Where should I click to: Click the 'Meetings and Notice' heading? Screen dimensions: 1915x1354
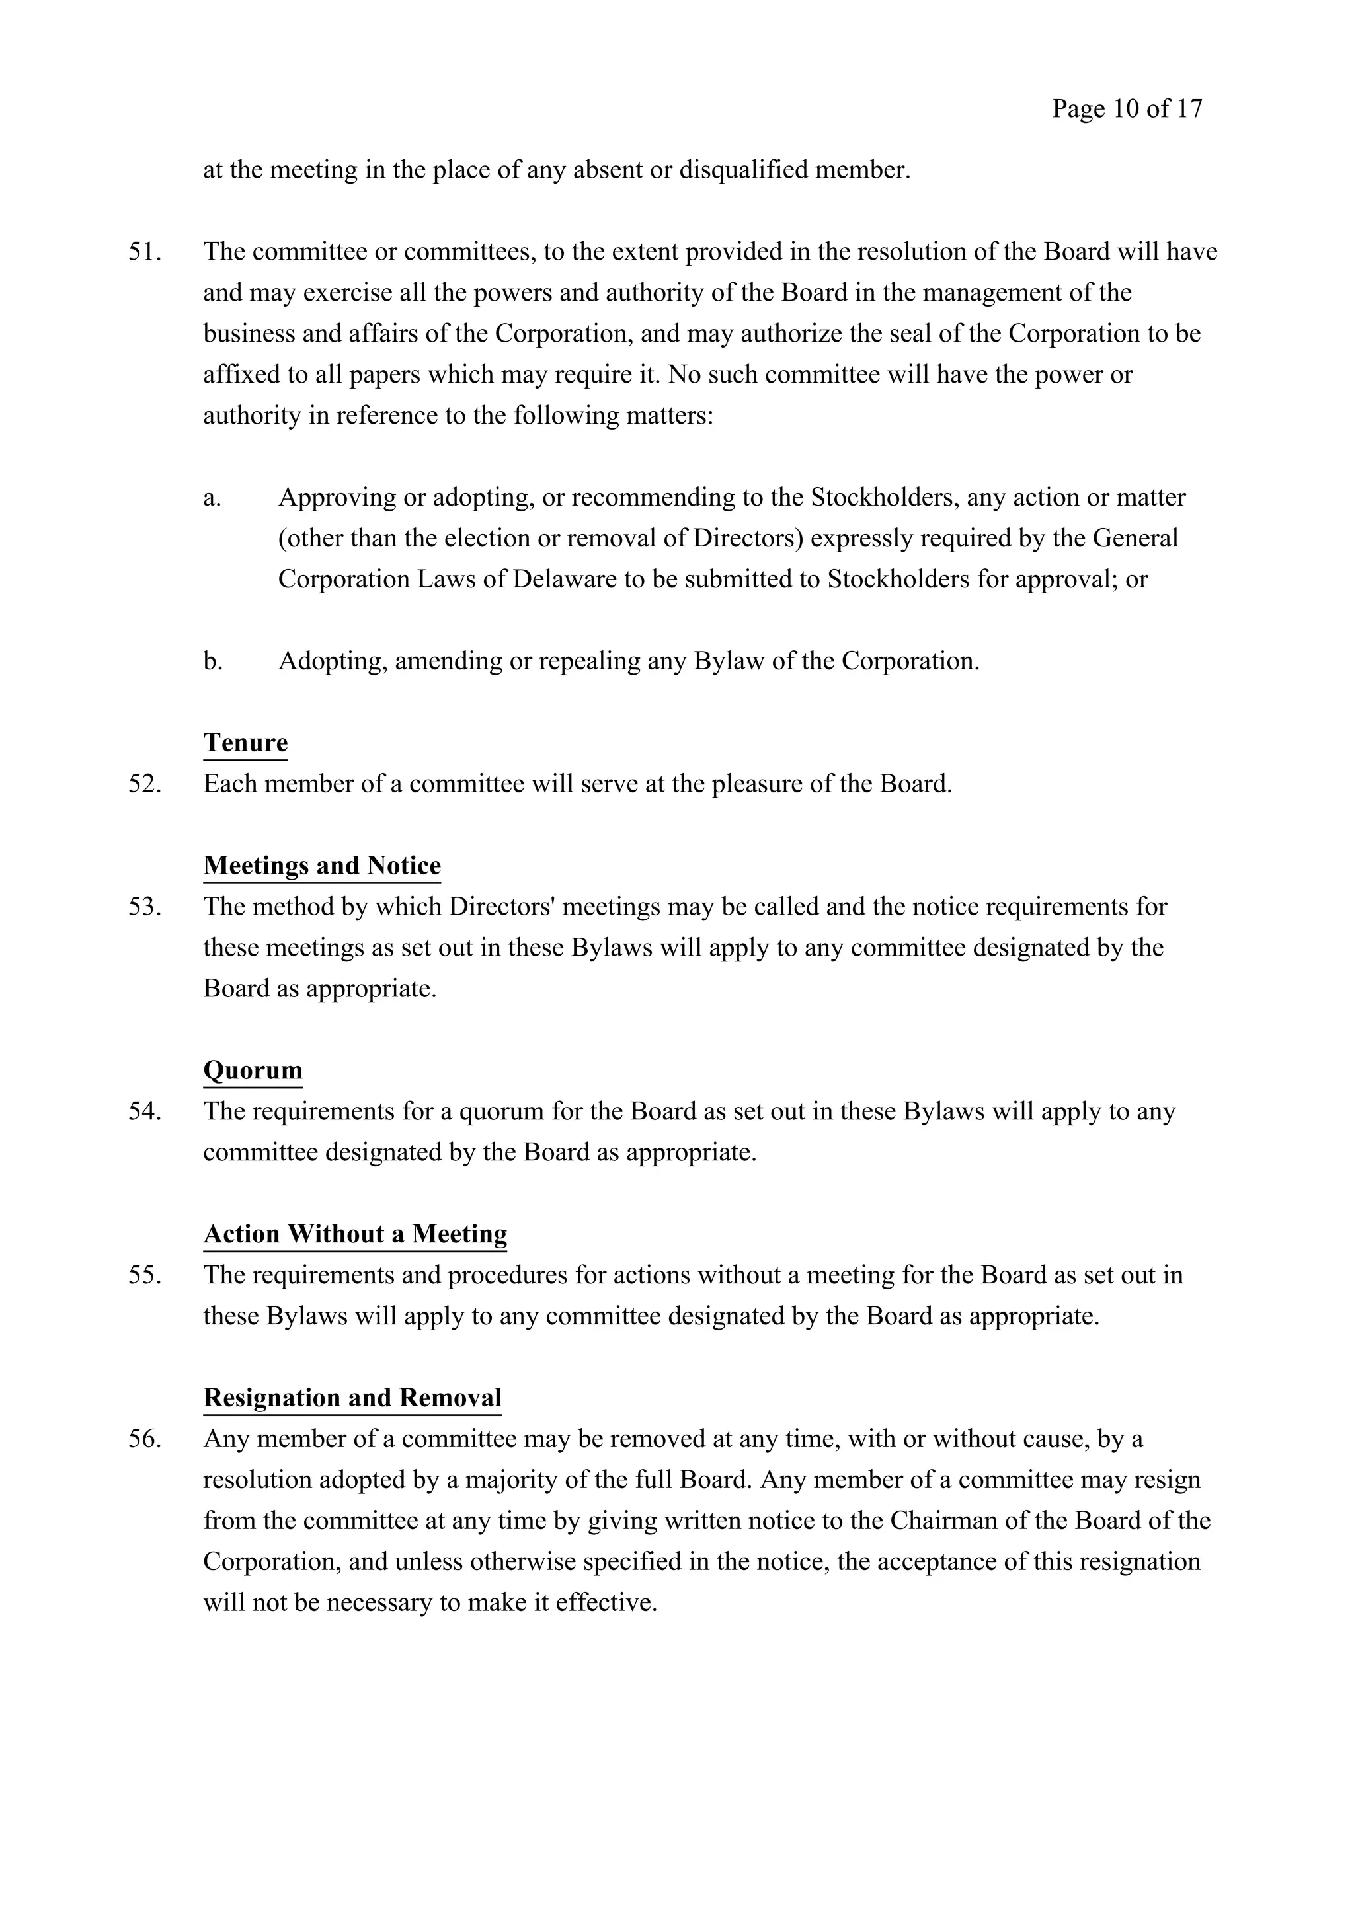pos(322,865)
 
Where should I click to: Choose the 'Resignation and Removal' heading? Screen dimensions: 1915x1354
pos(352,1397)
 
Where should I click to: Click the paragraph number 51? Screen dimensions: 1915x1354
pos(143,252)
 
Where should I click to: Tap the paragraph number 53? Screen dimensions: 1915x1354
pos(143,907)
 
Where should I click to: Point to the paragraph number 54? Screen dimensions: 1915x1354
pos(143,1112)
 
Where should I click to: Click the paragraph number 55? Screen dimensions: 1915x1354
pos(143,1275)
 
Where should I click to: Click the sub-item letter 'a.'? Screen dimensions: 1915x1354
pos(212,498)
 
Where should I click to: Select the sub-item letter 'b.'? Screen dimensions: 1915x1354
pos(213,661)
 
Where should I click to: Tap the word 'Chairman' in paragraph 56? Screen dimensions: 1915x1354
pos(940,1521)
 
